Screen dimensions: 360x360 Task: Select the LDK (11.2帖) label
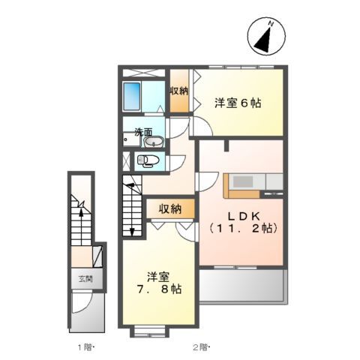tap(241, 217)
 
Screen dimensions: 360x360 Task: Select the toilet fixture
tap(148, 160)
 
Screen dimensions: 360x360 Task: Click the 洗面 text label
tap(142, 132)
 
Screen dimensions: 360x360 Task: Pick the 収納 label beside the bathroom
tap(179, 91)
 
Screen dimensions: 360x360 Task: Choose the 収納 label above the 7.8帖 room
tap(164, 208)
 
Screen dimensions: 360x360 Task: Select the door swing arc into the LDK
tap(205, 181)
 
